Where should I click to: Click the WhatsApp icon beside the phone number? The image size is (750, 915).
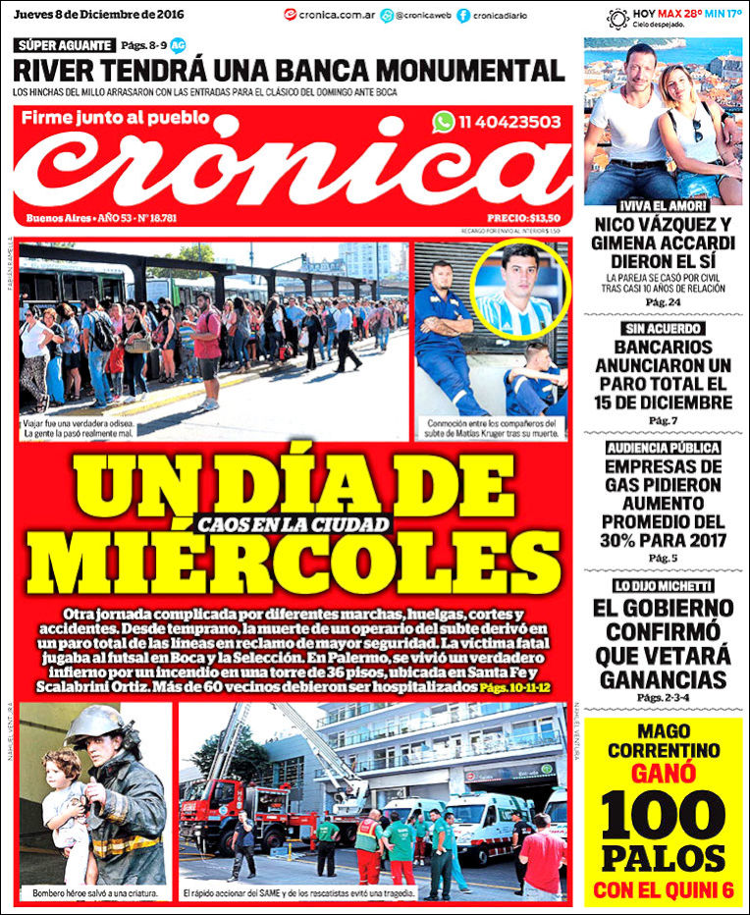pyautogui.click(x=444, y=122)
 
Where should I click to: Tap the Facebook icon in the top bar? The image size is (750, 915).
pyautogui.click(x=462, y=16)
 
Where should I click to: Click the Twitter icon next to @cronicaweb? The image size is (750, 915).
pyautogui.click(x=387, y=16)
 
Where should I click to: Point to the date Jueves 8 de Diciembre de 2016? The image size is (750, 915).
pyautogui.click(x=100, y=13)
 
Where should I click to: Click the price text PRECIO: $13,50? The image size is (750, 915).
pyautogui.click(x=523, y=218)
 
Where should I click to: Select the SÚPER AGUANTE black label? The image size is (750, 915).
pyautogui.click(x=63, y=45)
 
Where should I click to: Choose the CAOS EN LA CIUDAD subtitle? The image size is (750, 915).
pyautogui.click(x=293, y=525)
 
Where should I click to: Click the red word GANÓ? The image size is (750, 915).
pyautogui.click(x=663, y=773)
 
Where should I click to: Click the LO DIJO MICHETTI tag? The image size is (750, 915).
pyautogui.click(x=663, y=586)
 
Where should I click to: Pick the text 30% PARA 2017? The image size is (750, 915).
pyautogui.click(x=663, y=540)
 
